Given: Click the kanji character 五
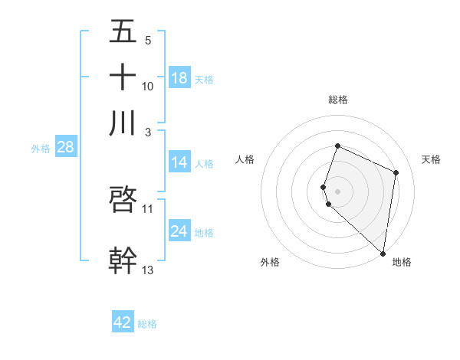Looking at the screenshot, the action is point(123,32).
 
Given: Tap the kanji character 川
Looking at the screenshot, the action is point(123,123).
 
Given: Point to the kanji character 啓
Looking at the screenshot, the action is point(123,200).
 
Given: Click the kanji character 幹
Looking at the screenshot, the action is point(123,259).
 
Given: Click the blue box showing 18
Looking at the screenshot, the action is point(179,78).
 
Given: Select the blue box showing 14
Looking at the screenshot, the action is point(179,162).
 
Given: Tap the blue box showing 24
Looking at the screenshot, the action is point(179,231).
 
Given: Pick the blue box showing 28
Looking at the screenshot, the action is point(65,148).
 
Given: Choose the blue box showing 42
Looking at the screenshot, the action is point(123,322).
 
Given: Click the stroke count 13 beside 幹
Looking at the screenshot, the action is point(148,269).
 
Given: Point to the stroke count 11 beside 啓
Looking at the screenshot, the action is point(148,208).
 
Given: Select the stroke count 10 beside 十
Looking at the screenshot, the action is point(148,86).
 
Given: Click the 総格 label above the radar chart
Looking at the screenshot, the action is point(337,100).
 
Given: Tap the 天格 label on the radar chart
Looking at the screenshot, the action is point(431,159).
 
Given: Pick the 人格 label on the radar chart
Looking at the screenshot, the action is point(245,159).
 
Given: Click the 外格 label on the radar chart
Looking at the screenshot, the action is point(270,262).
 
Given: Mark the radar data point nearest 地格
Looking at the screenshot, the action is point(383,254).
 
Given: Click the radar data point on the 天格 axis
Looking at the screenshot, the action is point(396,172).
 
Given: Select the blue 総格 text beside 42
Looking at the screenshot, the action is point(147,324).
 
